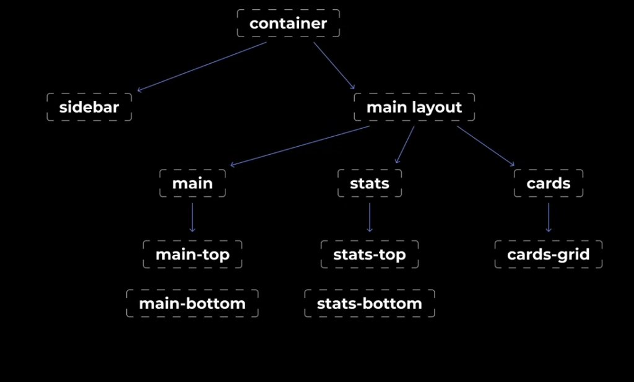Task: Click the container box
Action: pos(289,24)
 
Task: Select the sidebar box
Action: pos(89,108)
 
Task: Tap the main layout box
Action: pos(414,108)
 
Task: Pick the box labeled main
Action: pos(193,184)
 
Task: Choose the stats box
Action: pos(370,184)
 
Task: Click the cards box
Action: pos(549,184)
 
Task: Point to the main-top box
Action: pos(193,254)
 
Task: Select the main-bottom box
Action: pos(192,303)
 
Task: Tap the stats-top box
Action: pos(370,254)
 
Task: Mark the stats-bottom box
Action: pos(370,303)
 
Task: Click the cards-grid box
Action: pos(549,254)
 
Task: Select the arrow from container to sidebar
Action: pos(202,66)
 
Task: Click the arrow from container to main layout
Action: pos(334,66)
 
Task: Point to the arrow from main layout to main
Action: pos(300,146)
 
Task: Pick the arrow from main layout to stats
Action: pos(405,145)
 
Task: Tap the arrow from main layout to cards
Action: pos(485,146)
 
